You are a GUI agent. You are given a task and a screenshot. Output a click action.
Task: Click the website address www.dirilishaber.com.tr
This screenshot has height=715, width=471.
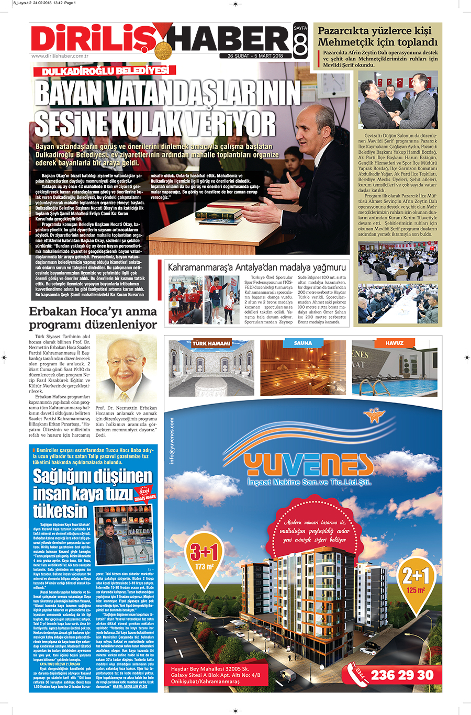tap(60, 56)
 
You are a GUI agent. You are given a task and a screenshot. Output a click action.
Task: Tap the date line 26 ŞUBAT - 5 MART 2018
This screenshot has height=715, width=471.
tap(255, 55)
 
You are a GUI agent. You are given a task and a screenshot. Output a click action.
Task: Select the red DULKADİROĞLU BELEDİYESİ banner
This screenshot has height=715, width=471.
tap(102, 71)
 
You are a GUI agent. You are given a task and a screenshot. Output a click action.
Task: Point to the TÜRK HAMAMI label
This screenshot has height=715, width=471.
tap(211, 343)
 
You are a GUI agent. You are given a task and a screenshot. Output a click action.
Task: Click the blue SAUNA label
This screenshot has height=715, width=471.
tap(303, 343)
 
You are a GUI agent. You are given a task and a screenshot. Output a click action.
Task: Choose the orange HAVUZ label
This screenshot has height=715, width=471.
tap(394, 343)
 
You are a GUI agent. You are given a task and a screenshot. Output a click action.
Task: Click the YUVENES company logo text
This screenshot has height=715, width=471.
tap(309, 465)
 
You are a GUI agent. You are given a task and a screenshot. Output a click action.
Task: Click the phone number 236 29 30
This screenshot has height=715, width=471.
tap(402, 675)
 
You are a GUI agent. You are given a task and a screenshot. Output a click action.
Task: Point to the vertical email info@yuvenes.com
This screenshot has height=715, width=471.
tap(172, 440)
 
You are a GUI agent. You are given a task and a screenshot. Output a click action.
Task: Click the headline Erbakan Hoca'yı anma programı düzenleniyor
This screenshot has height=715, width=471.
tap(93, 318)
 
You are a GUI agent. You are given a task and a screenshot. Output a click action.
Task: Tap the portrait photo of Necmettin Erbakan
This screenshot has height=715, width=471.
tap(126, 369)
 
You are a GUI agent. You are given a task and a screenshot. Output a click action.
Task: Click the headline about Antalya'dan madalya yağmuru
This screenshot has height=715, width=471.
tap(256, 267)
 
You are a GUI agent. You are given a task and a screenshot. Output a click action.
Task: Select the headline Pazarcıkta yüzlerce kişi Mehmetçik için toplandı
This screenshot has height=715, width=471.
tap(377, 36)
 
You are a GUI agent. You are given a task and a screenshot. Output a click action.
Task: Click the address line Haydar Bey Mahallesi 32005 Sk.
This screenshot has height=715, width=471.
tap(210, 668)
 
